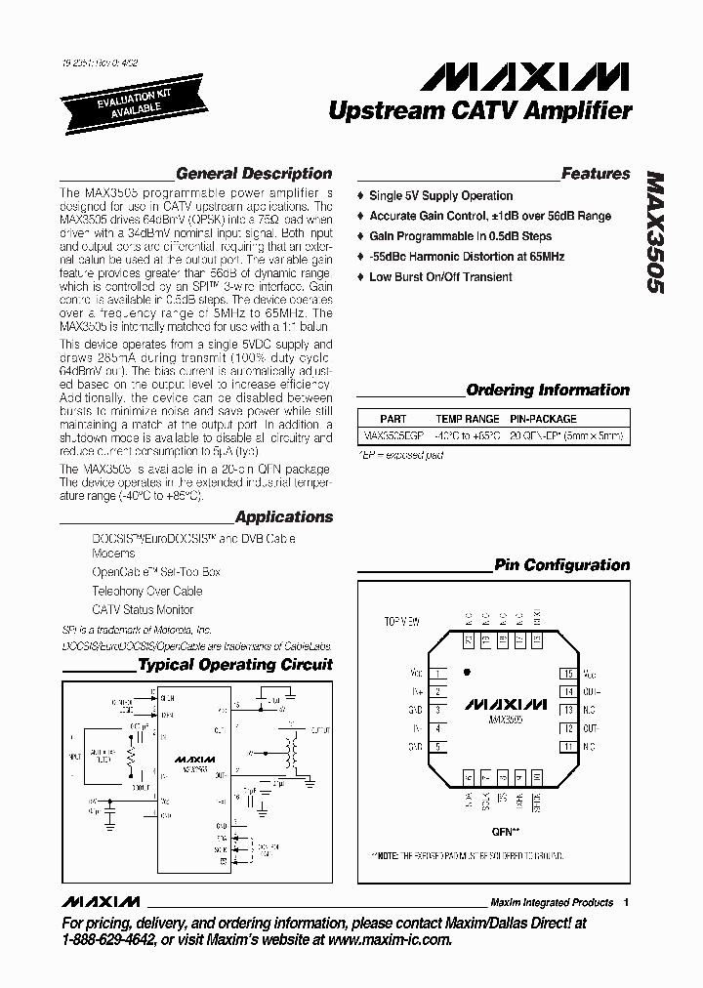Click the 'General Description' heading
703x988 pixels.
[254, 174]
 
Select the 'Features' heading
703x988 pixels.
[596, 174]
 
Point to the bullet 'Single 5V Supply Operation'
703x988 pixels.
[440, 195]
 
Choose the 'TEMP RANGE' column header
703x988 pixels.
[468, 419]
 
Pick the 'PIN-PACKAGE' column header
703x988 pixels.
[544, 419]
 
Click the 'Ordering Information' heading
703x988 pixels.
[548, 390]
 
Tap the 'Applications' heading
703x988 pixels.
[284, 516]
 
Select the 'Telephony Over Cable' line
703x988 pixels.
[147, 591]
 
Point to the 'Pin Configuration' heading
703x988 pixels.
[562, 564]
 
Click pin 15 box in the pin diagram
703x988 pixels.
[566, 674]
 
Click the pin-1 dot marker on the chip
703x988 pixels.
[468, 672]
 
